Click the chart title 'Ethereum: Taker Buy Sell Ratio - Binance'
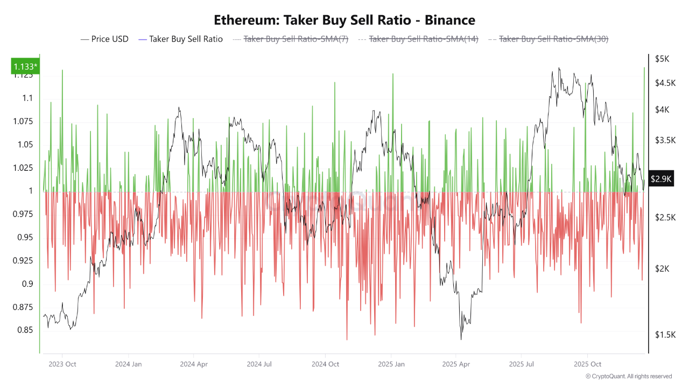tap(344, 20)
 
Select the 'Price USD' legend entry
tap(104, 39)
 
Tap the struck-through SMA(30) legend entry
tap(548, 39)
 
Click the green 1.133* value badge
tap(25, 66)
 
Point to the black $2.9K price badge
tap(660, 179)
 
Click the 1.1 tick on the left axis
tap(27, 98)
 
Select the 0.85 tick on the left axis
tap(24, 330)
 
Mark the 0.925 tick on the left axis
tap(23, 261)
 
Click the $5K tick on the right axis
tap(662, 58)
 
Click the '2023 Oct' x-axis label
tap(62, 364)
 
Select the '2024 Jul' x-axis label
tap(259, 364)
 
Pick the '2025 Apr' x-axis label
tap(455, 364)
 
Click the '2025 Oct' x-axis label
tap(588, 364)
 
